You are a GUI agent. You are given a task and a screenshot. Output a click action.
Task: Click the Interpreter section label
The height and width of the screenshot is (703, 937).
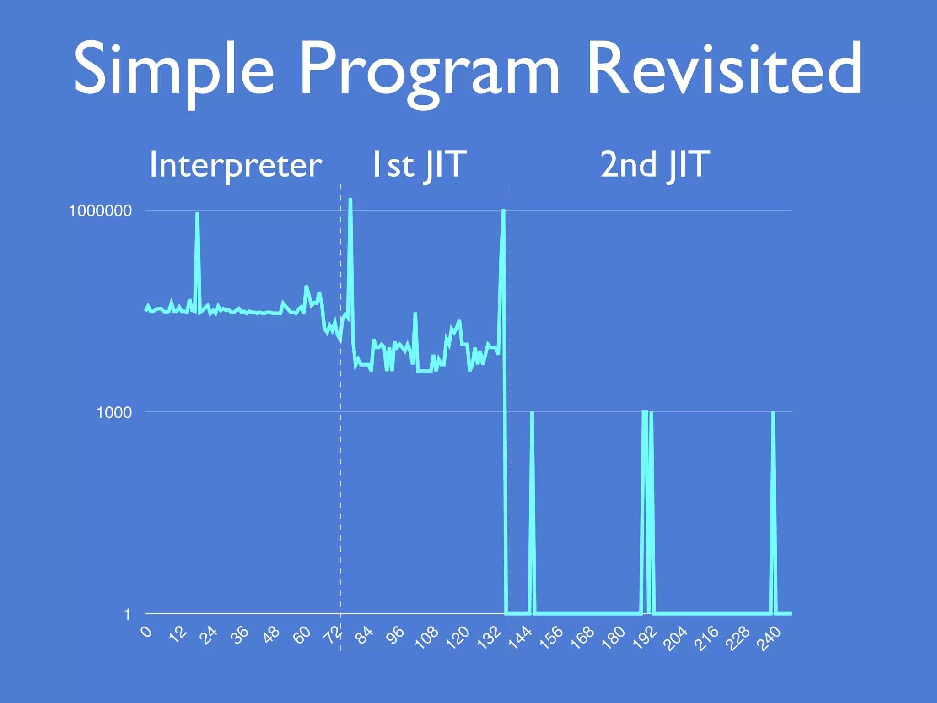point(236,165)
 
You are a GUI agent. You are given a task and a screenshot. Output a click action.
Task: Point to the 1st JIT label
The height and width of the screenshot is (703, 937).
point(419,165)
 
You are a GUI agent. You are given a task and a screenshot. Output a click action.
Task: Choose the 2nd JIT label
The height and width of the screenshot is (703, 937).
point(655,165)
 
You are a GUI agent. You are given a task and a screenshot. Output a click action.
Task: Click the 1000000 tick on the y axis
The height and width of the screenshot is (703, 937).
point(100,211)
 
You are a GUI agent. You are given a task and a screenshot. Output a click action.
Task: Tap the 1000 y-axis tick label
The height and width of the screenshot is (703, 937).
point(113,412)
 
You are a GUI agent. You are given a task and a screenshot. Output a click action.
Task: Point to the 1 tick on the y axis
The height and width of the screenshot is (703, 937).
point(127,614)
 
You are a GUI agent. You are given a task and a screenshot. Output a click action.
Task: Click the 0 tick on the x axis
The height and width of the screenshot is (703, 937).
point(146,632)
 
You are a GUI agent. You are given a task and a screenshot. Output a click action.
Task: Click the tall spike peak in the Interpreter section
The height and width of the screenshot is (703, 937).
point(197,214)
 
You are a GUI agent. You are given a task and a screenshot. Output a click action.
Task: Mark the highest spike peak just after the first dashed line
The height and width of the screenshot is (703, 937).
point(350,199)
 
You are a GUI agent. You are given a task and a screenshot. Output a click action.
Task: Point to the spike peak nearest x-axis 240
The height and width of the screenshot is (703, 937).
point(773,413)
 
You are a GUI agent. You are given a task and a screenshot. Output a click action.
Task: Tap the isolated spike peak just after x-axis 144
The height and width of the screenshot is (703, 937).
point(532,413)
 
